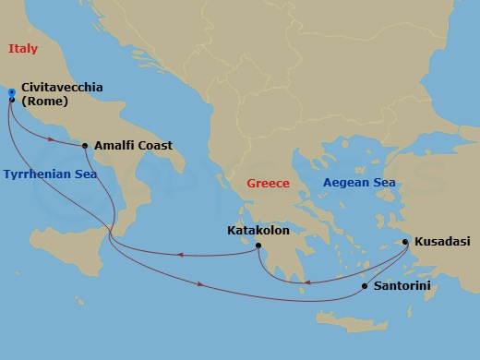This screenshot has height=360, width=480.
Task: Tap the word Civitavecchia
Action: pyautogui.click(x=66, y=88)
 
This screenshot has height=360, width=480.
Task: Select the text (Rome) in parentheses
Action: pyautogui.click(x=49, y=102)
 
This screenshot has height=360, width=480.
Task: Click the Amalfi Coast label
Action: pyautogui.click(x=133, y=145)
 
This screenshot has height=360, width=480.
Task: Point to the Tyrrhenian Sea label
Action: pyautogui.click(x=50, y=174)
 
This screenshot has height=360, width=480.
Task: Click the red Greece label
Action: pyautogui.click(x=268, y=184)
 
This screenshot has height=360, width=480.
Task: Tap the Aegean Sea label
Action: pyautogui.click(x=359, y=183)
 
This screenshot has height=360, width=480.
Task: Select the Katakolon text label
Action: pyautogui.click(x=258, y=231)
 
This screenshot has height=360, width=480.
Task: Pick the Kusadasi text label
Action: pyautogui.click(x=441, y=241)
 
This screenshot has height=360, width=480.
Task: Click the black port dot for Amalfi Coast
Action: pyautogui.click(x=85, y=146)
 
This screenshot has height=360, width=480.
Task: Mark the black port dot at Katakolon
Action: pyautogui.click(x=259, y=246)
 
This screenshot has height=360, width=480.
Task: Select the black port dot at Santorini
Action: pyautogui.click(x=365, y=286)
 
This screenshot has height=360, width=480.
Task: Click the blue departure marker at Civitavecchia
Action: pyautogui.click(x=11, y=94)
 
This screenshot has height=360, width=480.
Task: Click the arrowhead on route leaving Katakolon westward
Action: pyautogui.click(x=177, y=256)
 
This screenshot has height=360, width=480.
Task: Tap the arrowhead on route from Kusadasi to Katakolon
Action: pyautogui.click(x=308, y=282)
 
